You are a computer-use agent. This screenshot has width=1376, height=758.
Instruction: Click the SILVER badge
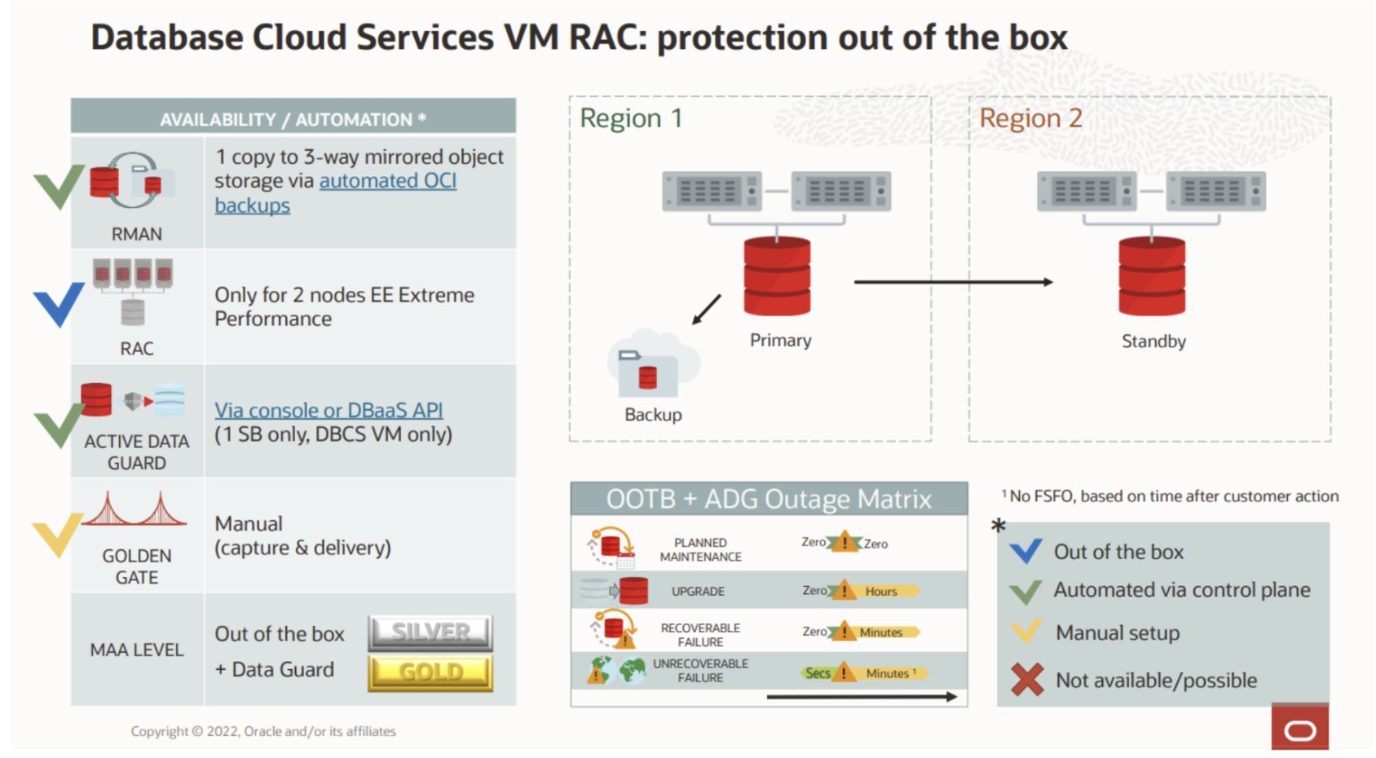point(430,632)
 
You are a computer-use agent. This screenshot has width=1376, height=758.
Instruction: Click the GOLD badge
point(430,672)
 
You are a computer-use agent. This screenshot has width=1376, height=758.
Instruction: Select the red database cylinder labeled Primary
point(777,277)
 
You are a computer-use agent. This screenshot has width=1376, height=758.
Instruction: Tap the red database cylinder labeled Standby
point(1152,277)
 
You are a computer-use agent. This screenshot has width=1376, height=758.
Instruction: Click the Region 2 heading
point(1030,118)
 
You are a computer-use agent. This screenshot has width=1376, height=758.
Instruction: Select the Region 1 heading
point(630,118)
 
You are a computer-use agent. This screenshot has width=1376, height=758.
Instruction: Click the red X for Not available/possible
point(1027,679)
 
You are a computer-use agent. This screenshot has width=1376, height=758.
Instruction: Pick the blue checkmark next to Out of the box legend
point(1025,552)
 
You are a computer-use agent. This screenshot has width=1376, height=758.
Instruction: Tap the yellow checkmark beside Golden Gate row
point(57,534)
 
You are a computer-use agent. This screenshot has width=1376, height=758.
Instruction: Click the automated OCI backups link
point(387,181)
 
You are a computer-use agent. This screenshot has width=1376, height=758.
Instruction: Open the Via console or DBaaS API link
point(329,410)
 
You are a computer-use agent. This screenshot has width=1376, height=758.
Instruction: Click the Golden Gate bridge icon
point(135,511)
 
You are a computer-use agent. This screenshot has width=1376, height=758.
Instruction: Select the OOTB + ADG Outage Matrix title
point(768,499)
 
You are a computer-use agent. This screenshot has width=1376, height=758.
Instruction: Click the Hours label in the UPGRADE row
point(881,591)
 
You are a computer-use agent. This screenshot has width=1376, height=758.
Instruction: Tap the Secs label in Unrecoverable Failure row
point(818,673)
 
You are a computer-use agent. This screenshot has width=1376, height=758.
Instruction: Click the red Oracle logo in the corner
point(1299,729)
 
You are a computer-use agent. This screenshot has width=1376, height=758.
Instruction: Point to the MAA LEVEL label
point(137,650)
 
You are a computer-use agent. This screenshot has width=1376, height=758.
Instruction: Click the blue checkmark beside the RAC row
point(59,303)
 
